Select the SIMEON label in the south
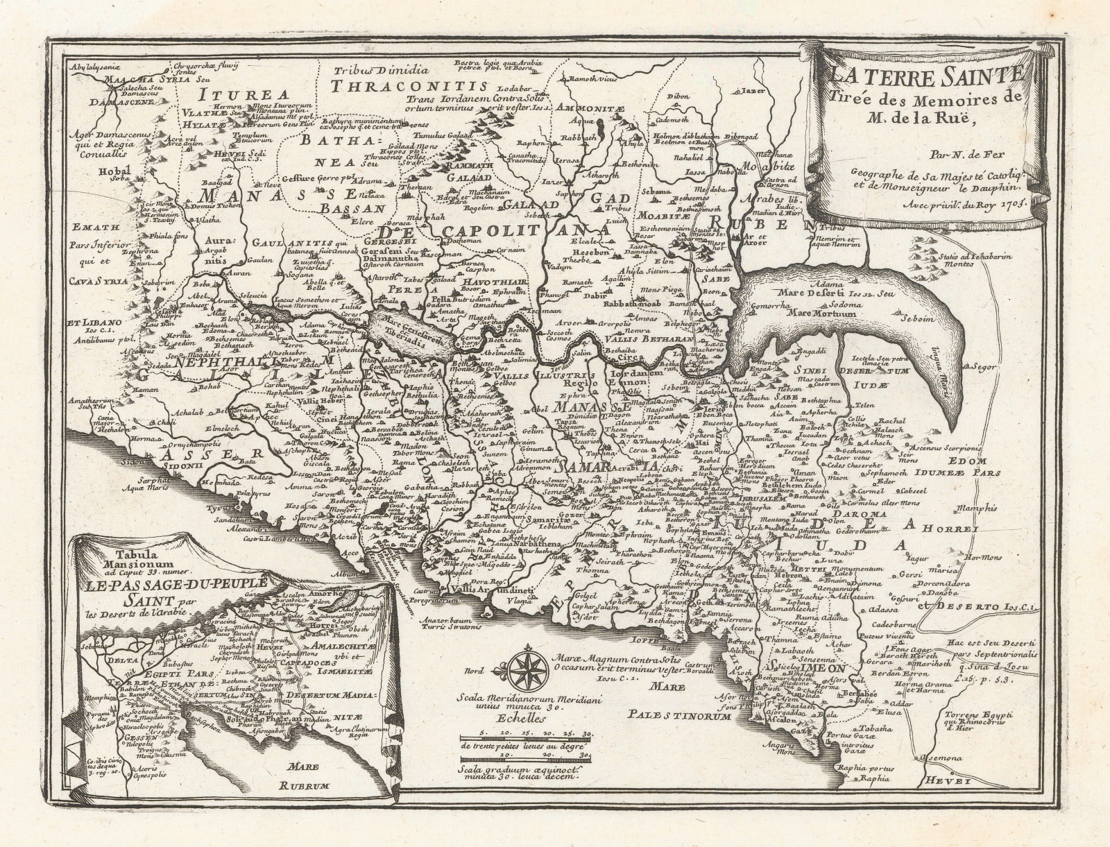pos(806,667)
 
